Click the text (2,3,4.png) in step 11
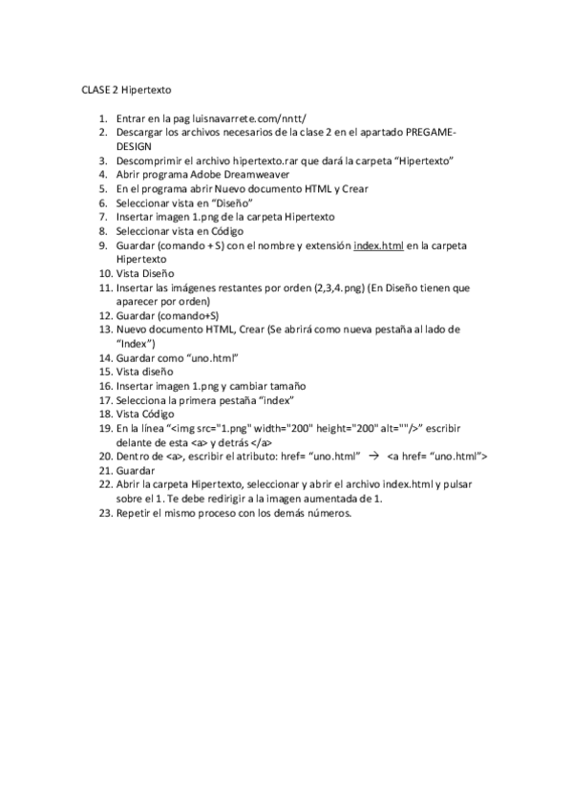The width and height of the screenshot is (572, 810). click(339, 288)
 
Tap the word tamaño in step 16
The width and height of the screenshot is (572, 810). click(285, 386)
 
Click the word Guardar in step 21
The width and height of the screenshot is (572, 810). click(136, 471)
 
